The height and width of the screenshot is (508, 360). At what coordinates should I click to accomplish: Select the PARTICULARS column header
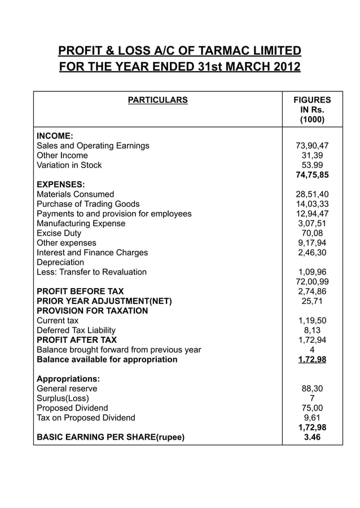pos(157,100)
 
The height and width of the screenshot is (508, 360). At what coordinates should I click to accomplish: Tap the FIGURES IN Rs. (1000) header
pos(312,110)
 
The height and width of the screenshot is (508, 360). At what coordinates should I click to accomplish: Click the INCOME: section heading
pos(55,136)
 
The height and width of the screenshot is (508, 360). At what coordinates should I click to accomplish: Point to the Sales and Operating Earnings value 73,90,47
pos(312,145)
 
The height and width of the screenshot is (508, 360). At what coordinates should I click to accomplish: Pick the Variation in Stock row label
pos(69,165)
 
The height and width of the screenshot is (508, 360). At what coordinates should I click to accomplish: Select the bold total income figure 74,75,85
pos(312,175)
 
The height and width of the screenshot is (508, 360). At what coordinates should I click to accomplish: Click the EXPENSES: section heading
pos(60,184)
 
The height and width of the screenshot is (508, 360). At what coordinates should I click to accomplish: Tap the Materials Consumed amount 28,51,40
pos(312,194)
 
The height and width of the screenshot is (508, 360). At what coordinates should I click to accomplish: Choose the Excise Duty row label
pos(59,233)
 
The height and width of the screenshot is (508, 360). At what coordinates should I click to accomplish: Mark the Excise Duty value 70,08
pos(312,233)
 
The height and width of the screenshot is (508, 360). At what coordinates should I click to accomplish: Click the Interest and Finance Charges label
pos(92,253)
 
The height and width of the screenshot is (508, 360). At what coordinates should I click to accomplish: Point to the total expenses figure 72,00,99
pos(312,281)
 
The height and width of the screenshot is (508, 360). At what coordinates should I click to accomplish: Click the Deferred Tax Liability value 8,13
pos(312,330)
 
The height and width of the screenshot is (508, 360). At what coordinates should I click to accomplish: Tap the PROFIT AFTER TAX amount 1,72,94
pos(312,340)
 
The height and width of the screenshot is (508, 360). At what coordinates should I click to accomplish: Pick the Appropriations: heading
pos(68,379)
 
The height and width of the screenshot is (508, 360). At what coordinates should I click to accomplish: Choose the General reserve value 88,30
pos(312,388)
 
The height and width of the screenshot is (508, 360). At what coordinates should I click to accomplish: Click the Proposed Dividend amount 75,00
pos(312,408)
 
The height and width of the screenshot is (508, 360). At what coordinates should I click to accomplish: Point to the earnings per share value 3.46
pos(312,436)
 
